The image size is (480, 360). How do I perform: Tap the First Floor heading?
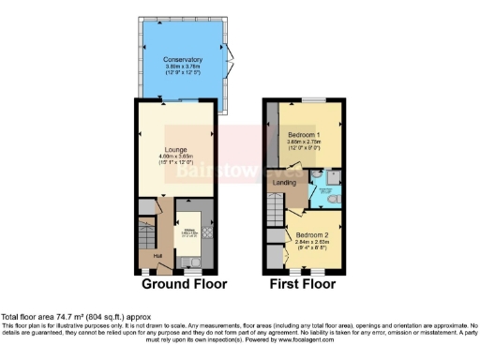[303, 282]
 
